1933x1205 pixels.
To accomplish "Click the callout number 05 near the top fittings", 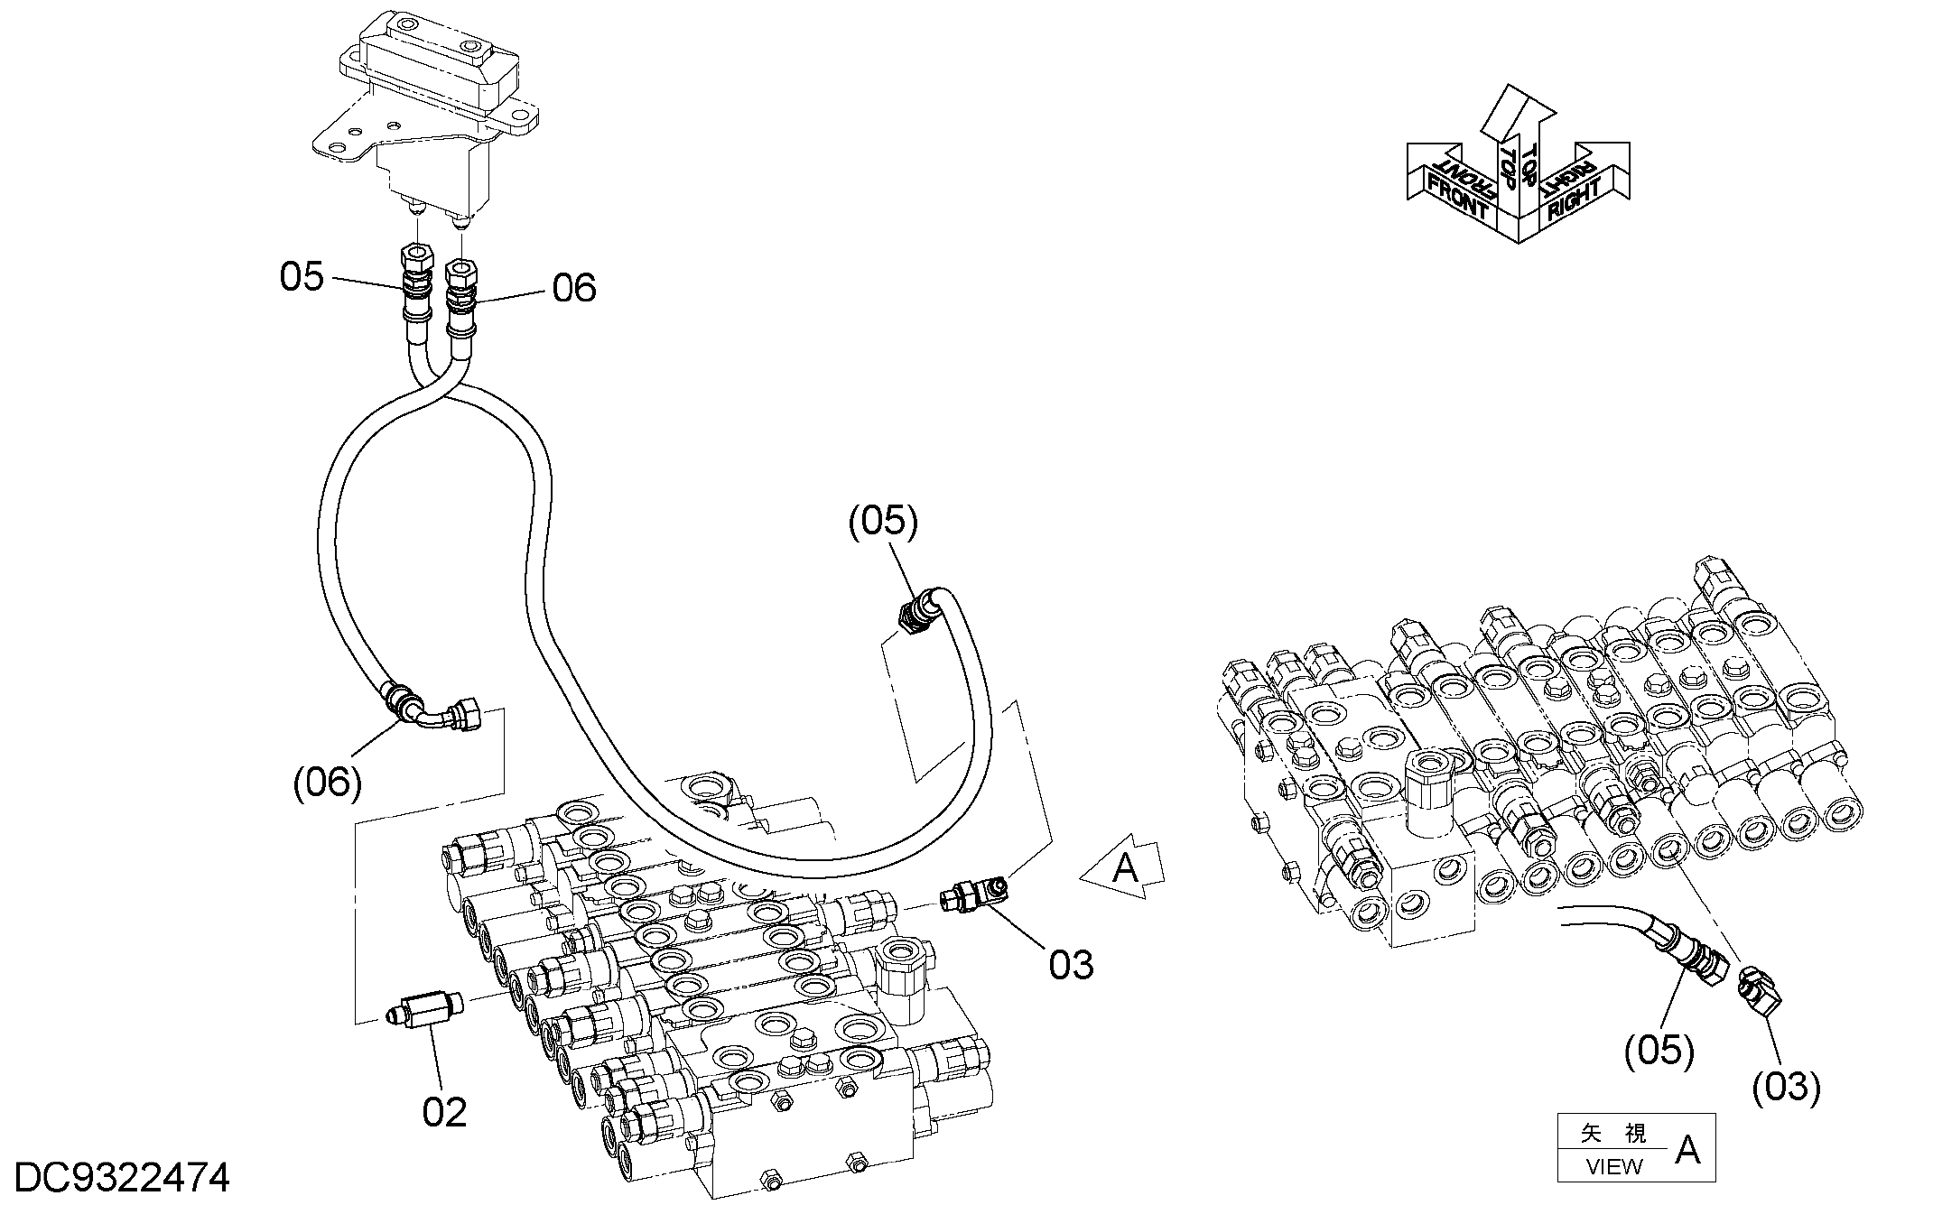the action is [302, 276].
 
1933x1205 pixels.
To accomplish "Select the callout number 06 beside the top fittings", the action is [574, 288].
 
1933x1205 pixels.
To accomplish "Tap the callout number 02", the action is [444, 1112].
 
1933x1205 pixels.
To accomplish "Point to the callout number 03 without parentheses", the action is [1071, 965].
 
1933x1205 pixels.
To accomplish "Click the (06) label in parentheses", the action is [328, 782].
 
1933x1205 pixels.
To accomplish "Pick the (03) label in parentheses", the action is [1786, 1087].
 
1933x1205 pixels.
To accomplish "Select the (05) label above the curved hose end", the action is [883, 522].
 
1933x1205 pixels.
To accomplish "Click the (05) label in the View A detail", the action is [1659, 1051].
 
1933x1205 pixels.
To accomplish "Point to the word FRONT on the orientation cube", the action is [1454, 199].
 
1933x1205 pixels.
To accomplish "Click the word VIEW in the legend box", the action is [1613, 1166].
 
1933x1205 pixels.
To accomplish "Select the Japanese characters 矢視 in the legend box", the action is [1613, 1133].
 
